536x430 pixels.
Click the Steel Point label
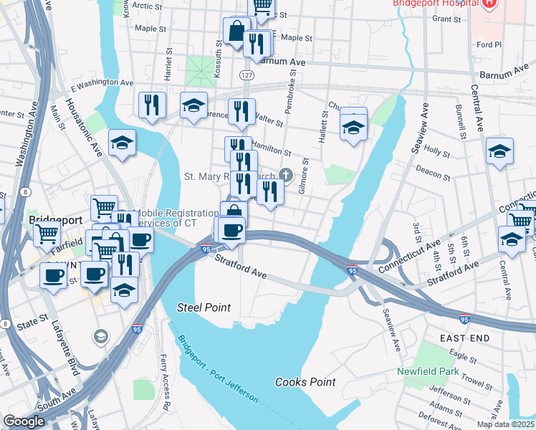(x=204, y=307)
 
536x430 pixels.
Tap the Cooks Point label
(x=305, y=382)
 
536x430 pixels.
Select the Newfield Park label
(x=428, y=371)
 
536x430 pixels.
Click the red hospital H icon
(x=489, y=4)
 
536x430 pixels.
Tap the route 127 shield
(x=246, y=75)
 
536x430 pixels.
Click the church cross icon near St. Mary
(x=286, y=175)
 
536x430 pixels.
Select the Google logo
(x=24, y=421)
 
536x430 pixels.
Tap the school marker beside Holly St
(x=499, y=150)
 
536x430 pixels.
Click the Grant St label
(x=445, y=19)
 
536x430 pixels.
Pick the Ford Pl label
(x=489, y=44)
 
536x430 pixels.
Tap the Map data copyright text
(x=507, y=424)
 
